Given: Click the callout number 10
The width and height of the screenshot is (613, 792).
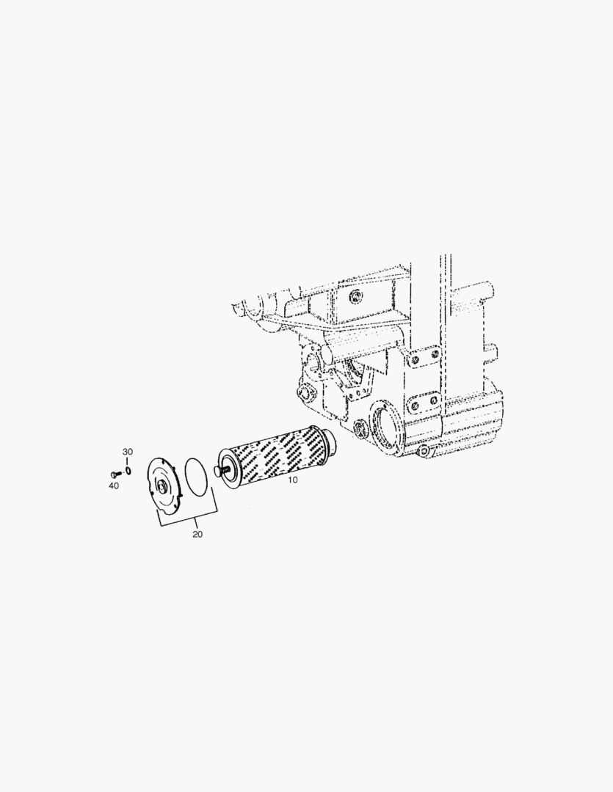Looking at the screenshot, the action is click(293, 480).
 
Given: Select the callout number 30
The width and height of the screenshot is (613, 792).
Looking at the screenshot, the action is click(128, 452).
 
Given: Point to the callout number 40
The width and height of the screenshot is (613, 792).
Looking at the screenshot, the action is click(114, 486).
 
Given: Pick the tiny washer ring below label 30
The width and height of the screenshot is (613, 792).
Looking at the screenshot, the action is click(128, 471).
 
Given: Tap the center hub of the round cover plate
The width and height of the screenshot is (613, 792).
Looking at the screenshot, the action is click(162, 487).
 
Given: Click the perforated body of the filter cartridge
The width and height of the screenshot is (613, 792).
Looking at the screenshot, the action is click(275, 455).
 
